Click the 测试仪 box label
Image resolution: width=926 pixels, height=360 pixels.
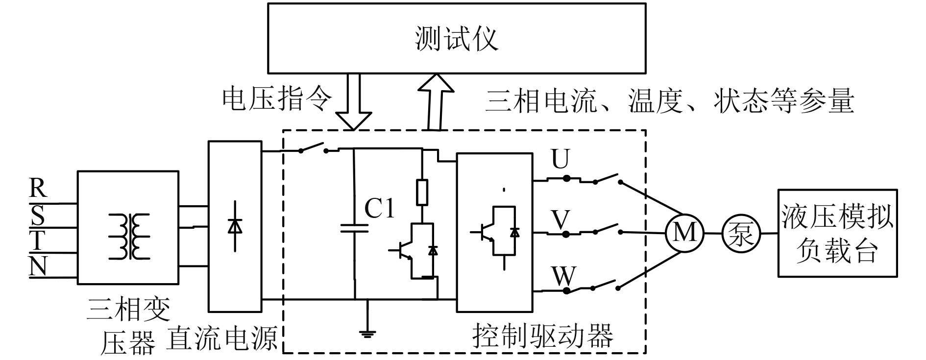pyautogui.click(x=456, y=39)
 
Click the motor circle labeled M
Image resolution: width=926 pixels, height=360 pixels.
pyautogui.click(x=684, y=233)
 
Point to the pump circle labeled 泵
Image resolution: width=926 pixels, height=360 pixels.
pyautogui.click(x=740, y=234)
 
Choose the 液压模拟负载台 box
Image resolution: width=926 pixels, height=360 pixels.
pyautogui.click(x=837, y=233)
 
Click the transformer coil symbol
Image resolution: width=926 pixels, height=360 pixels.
pyautogui.click(x=128, y=236)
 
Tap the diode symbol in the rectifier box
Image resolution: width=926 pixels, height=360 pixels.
pyautogui.click(x=236, y=225)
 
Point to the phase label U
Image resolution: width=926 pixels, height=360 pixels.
pyautogui.click(x=561, y=159)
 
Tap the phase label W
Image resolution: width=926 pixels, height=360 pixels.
pyautogui.click(x=563, y=276)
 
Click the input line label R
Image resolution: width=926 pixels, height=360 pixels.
pyautogui.click(x=38, y=188)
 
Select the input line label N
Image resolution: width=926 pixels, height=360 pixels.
pyautogui.click(x=38, y=267)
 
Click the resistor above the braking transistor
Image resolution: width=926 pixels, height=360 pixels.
pyautogui.click(x=422, y=192)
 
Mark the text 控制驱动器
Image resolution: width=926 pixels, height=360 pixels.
pyautogui.click(x=542, y=336)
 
